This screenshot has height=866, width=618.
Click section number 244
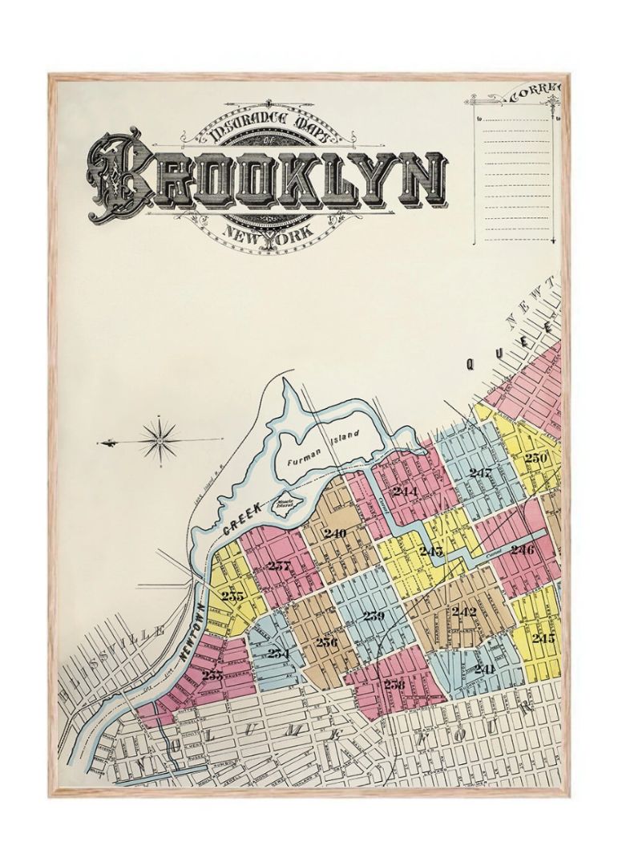pyautogui.click(x=405, y=491)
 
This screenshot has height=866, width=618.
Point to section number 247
pyautogui.click(x=480, y=473)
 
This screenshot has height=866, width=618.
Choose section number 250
pyautogui.click(x=535, y=458)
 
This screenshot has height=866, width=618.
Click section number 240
pyautogui.click(x=334, y=533)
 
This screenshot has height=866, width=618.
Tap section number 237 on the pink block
pyautogui.click(x=280, y=565)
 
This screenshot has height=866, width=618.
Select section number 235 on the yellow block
pyautogui.click(x=232, y=596)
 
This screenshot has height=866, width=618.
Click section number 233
pyautogui.click(x=212, y=675)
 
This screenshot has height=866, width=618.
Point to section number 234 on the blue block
pyautogui.click(x=278, y=653)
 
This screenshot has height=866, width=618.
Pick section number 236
pyautogui.click(x=325, y=641)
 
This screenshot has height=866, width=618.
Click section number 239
pyautogui.click(x=374, y=616)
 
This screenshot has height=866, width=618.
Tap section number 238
pyautogui.click(x=394, y=684)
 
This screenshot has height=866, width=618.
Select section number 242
pyautogui.click(x=464, y=612)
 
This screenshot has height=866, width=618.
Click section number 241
pyautogui.click(x=483, y=668)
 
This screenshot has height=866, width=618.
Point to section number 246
pyautogui.click(x=522, y=550)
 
